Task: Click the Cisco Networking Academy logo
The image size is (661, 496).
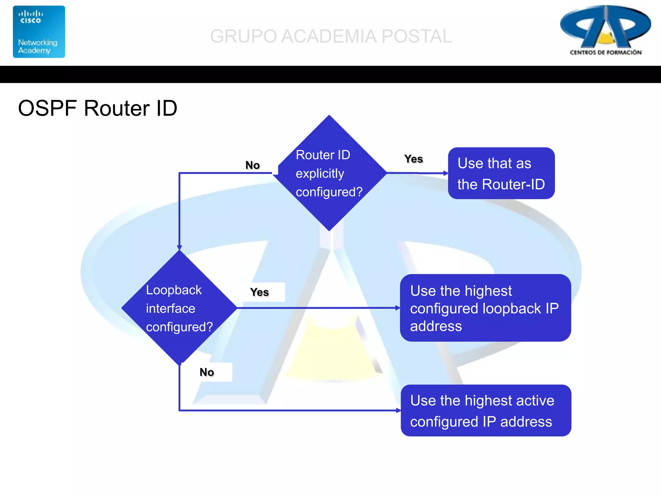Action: (39, 32)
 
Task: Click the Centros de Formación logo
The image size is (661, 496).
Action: (605, 31)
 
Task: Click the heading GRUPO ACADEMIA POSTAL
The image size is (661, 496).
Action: (331, 36)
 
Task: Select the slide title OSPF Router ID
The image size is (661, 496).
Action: (97, 108)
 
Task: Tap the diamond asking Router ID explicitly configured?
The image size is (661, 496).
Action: (329, 173)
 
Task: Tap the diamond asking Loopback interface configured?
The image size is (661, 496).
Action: (179, 308)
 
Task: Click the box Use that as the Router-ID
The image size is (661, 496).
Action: (501, 173)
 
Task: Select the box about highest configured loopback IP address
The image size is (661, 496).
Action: (485, 308)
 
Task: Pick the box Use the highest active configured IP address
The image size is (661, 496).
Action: (486, 410)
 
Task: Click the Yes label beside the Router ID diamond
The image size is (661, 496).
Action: (413, 159)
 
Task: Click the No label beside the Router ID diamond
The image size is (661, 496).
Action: (252, 165)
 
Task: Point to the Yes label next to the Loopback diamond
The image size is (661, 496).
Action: (259, 292)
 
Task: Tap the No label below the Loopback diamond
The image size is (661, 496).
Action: (207, 372)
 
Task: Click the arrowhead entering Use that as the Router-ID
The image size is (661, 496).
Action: (446, 173)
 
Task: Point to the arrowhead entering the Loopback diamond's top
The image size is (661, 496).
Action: (179, 248)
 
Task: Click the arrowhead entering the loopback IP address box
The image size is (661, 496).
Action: (398, 308)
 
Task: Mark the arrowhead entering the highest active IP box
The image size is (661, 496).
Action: (398, 410)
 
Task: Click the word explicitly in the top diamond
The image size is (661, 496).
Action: (320, 174)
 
